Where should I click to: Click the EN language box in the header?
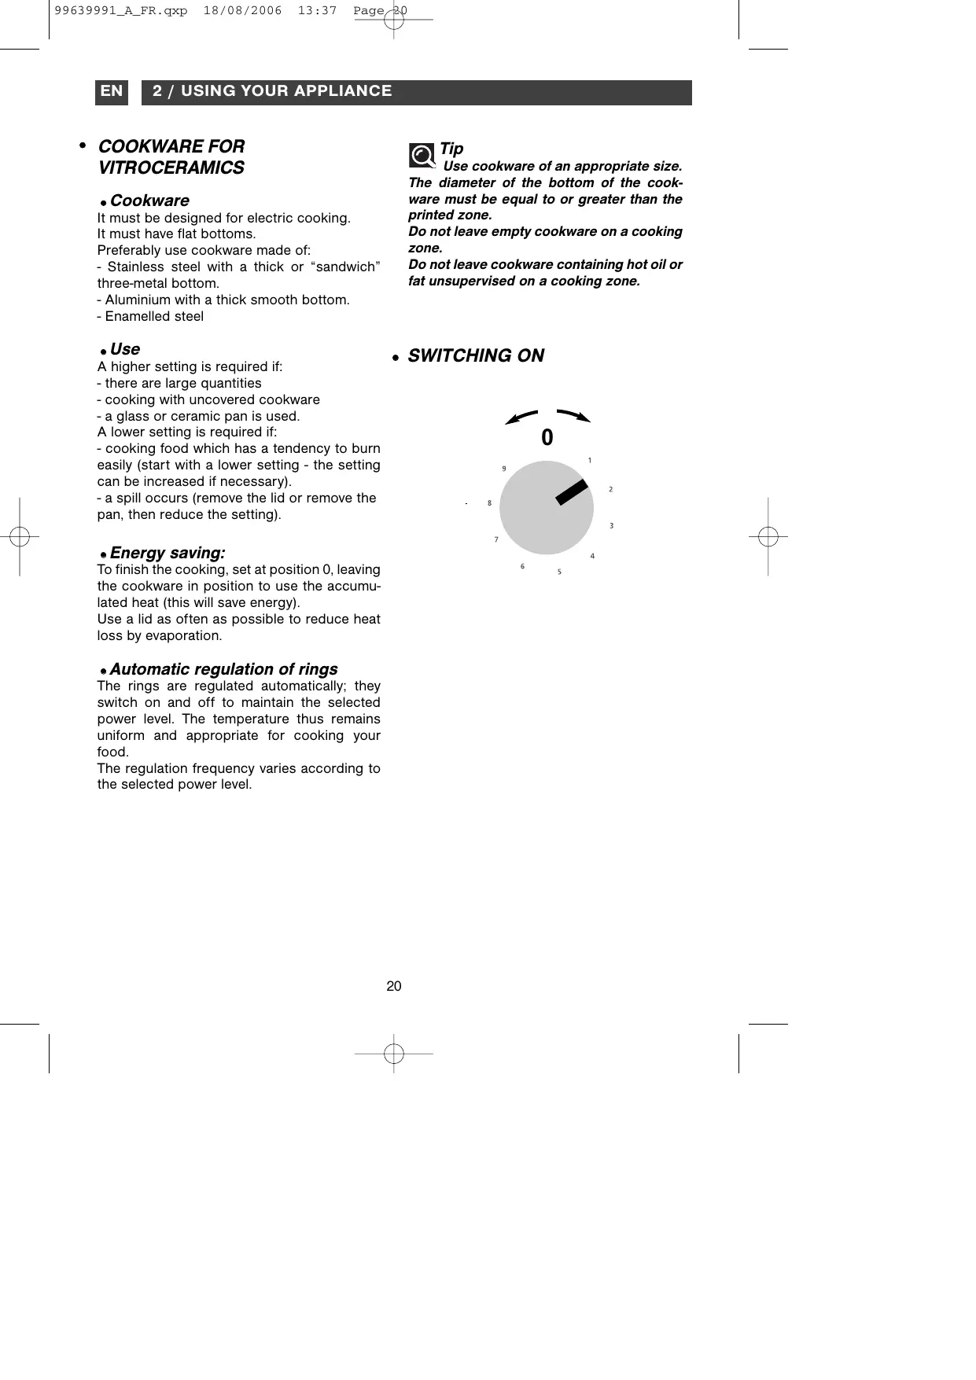[x=112, y=92]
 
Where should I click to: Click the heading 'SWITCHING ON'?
[x=476, y=356]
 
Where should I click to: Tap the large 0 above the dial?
[x=547, y=438]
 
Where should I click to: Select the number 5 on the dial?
[x=560, y=572]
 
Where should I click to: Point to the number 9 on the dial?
[x=504, y=469]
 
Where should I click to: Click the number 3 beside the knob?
[x=612, y=525]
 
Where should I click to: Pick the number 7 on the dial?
[x=496, y=539]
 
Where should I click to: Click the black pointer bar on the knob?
[x=573, y=491]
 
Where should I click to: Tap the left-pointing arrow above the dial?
[x=521, y=417]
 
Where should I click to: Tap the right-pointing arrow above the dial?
[x=573, y=416]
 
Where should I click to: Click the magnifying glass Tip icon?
[x=422, y=155]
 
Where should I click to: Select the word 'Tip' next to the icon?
[x=451, y=149]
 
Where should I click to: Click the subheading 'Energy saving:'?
[x=168, y=554]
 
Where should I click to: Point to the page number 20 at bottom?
[x=394, y=986]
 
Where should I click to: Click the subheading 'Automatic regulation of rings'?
[x=223, y=669]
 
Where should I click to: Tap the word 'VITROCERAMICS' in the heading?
[x=171, y=168]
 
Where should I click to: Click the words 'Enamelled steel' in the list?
[x=154, y=316]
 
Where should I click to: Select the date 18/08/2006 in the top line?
[x=242, y=12]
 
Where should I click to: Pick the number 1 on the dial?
[x=590, y=460]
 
